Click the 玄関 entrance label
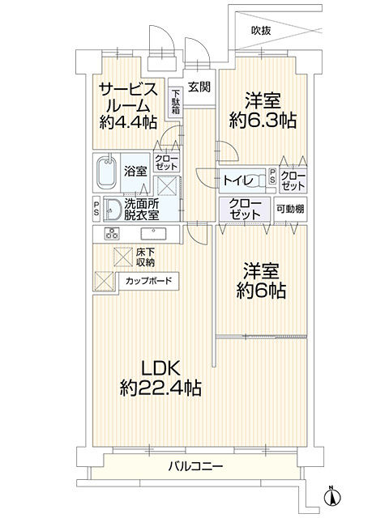click(x=199, y=87)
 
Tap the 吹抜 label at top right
click(x=261, y=31)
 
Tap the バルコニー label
click(x=196, y=466)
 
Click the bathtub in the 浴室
click(x=105, y=172)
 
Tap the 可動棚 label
click(x=289, y=209)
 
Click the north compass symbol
click(x=332, y=493)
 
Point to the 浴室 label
click(x=135, y=171)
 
